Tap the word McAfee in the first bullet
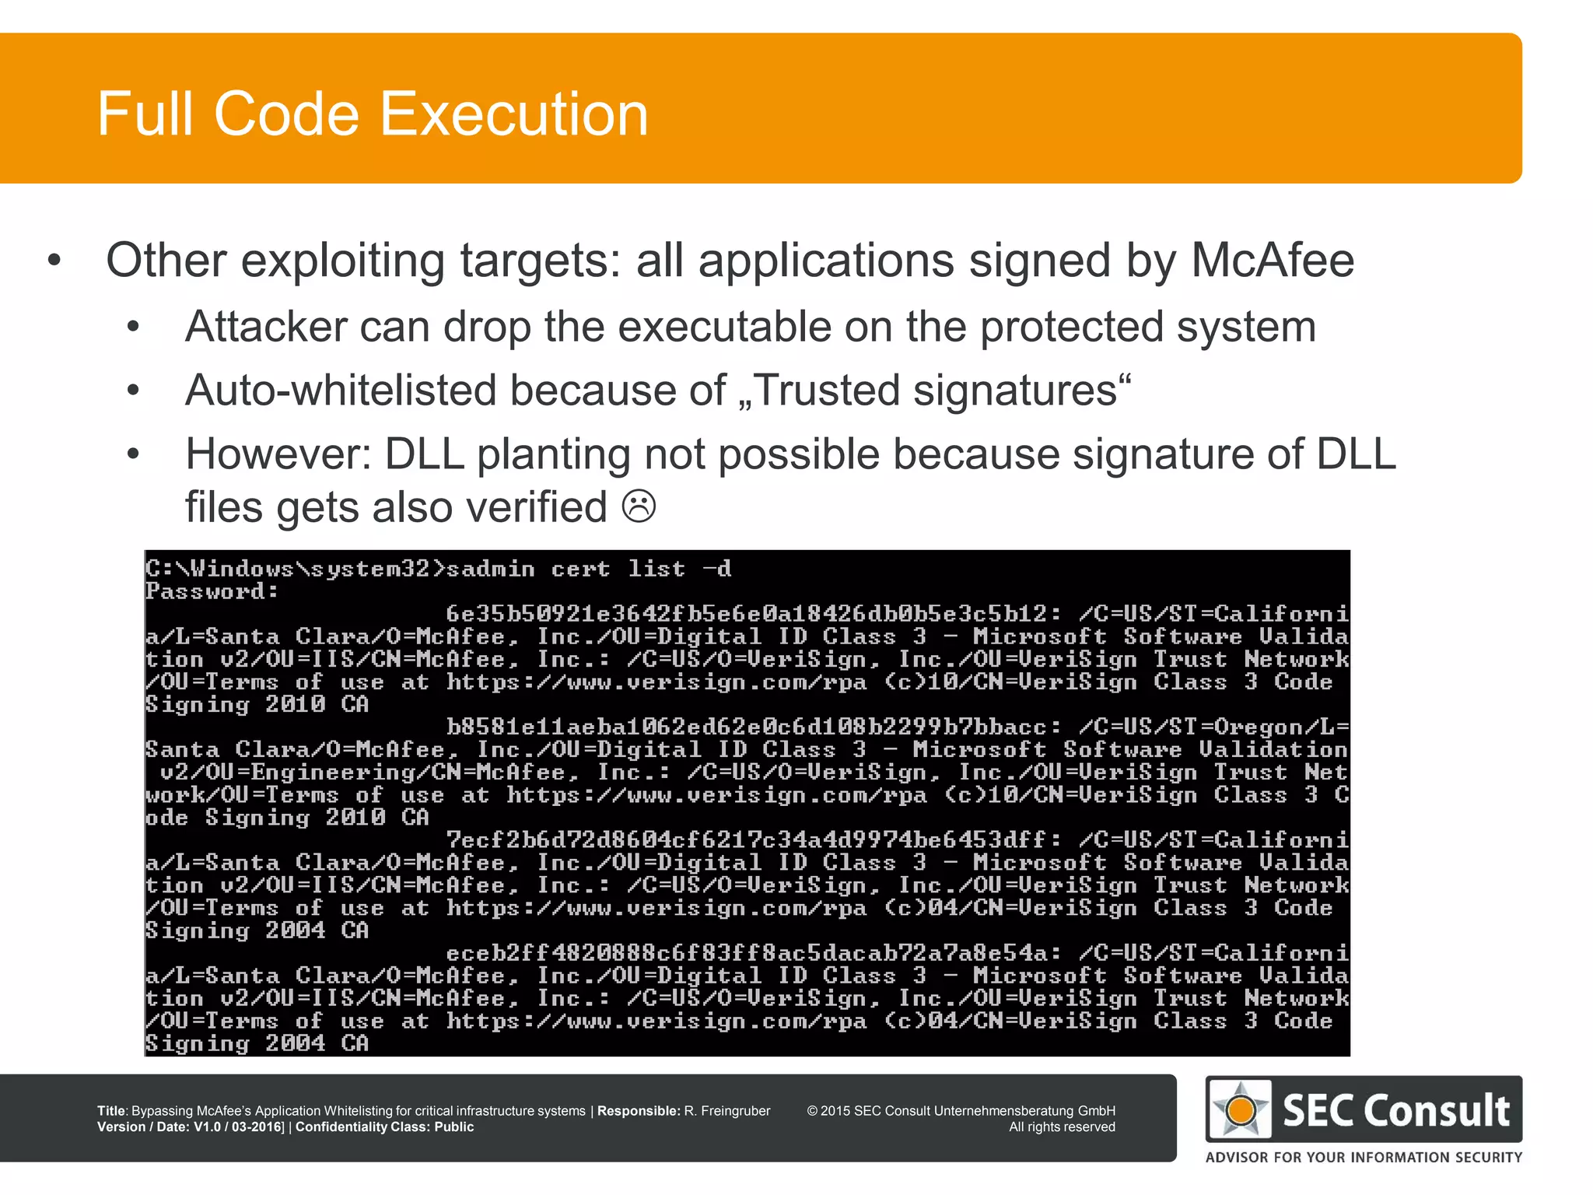[1273, 260]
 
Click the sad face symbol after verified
[639, 506]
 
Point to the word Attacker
[265, 326]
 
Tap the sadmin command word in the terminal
[490, 569]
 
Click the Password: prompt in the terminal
[212, 592]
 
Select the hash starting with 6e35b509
[747, 614]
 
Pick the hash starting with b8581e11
[747, 727]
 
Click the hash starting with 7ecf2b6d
[747, 840]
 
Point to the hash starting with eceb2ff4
[747, 953]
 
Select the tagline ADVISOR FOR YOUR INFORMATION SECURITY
[1364, 1157]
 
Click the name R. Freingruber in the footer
[727, 1111]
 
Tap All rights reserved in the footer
[1062, 1127]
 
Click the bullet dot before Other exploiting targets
[54, 260]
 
